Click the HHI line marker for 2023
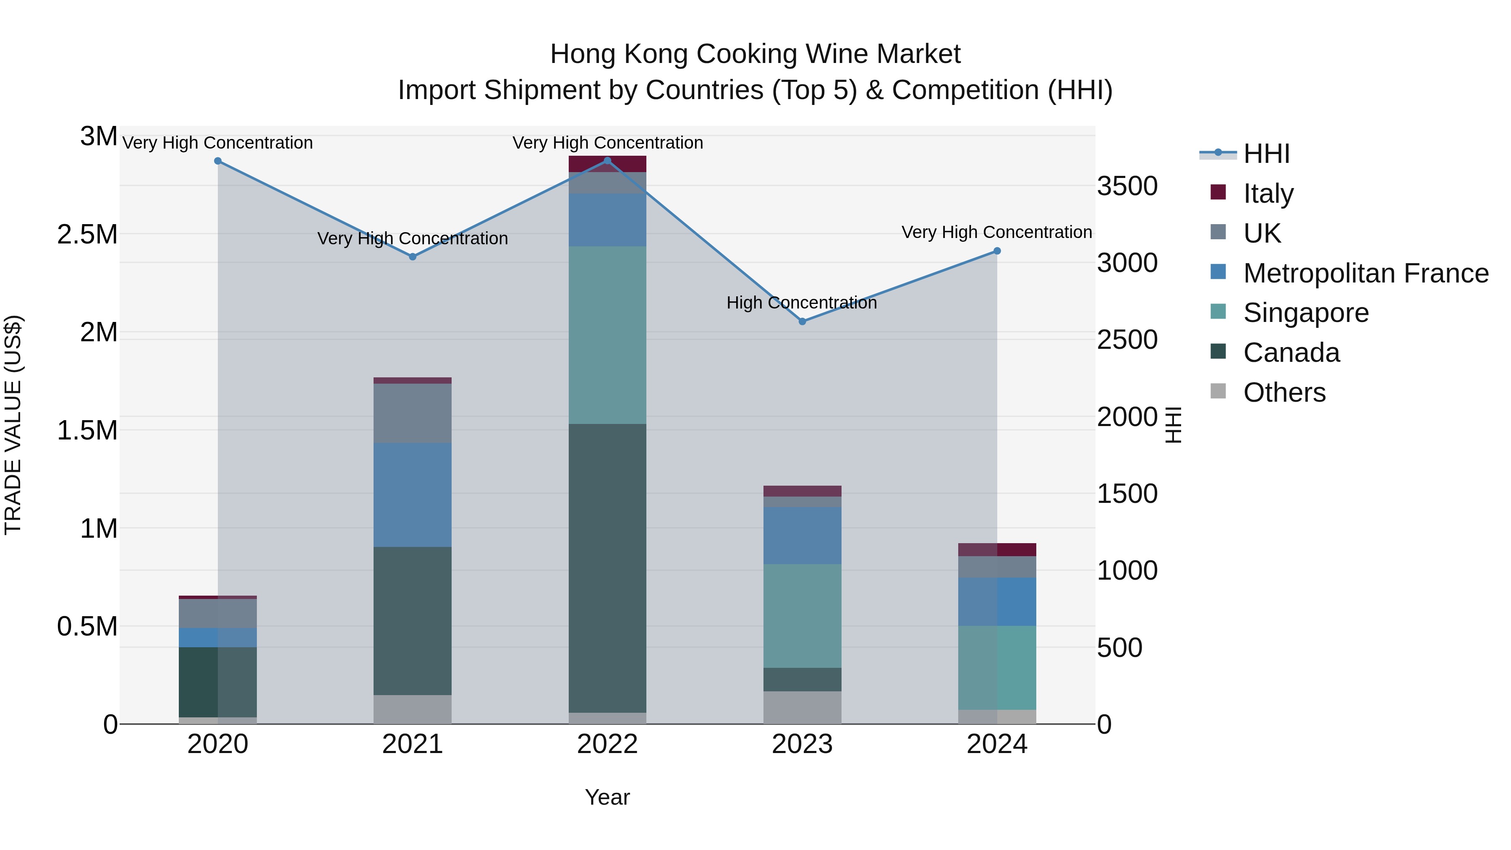(x=802, y=322)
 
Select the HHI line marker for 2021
(x=412, y=257)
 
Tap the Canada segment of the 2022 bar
(x=607, y=568)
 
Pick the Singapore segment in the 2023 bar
(x=802, y=616)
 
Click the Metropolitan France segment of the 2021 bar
(x=412, y=494)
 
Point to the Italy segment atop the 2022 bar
(x=607, y=164)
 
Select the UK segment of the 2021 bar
(x=412, y=413)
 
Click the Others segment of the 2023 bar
(x=802, y=707)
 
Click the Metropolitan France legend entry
(x=1365, y=273)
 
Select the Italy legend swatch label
(x=1268, y=194)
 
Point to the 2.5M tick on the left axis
(x=87, y=235)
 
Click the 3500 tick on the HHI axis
(x=1127, y=186)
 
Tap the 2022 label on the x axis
(x=607, y=744)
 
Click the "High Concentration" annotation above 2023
(x=801, y=303)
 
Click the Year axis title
(x=607, y=797)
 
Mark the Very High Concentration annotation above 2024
(x=996, y=232)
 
